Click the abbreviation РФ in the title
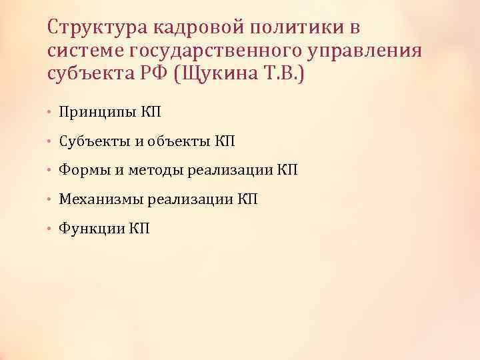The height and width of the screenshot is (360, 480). pos(152,74)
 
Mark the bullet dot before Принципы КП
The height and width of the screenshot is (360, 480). pos(51,113)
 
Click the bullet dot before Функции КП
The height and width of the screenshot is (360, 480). pos(51,229)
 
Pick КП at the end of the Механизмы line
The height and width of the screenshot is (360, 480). pos(247,199)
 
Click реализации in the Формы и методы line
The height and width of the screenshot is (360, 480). pos(231,171)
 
